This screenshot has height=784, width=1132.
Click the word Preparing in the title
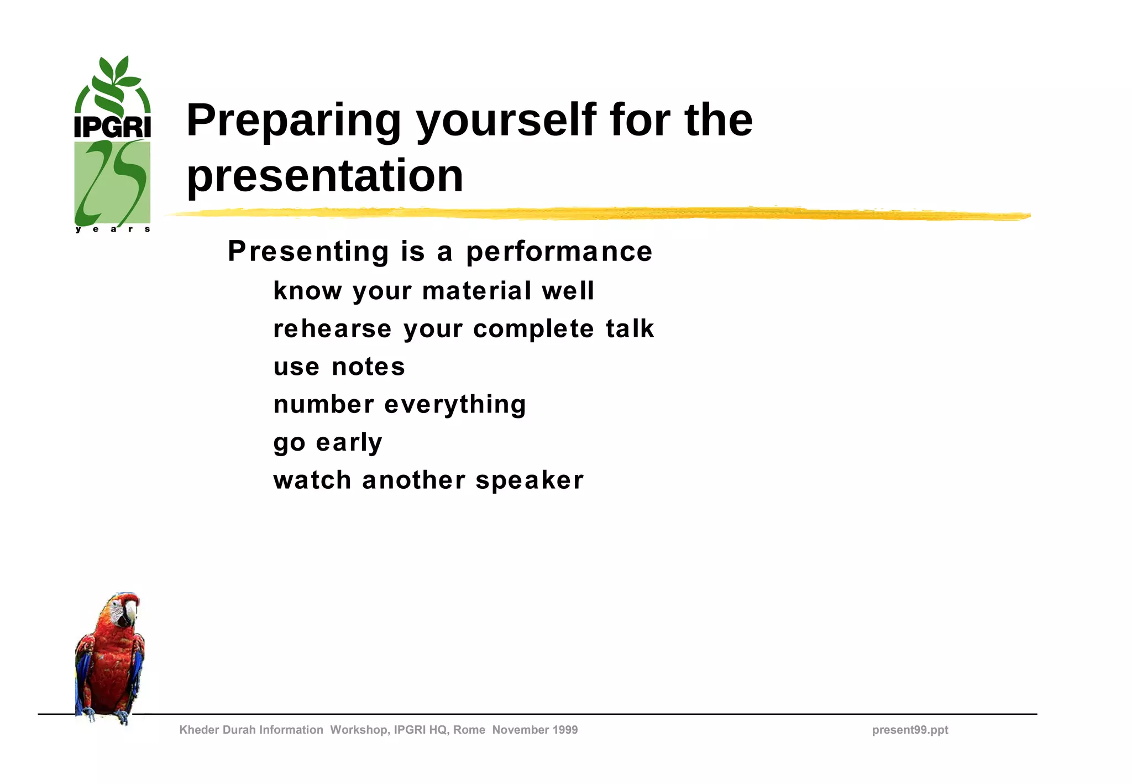[294, 122]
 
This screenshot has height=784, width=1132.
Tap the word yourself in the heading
[506, 122]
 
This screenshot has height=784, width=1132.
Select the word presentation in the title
[324, 176]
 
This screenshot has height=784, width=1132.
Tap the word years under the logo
[112, 229]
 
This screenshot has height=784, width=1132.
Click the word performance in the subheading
[559, 252]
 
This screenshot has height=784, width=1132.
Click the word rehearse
[332, 329]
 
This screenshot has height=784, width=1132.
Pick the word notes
[368, 367]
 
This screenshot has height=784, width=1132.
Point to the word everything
[454, 405]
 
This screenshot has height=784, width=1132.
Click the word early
[349, 442]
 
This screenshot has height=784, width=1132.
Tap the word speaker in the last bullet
[529, 480]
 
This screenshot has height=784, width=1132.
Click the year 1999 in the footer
[564, 730]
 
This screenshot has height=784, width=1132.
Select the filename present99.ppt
[910, 730]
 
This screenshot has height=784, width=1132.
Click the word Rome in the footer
[469, 730]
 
